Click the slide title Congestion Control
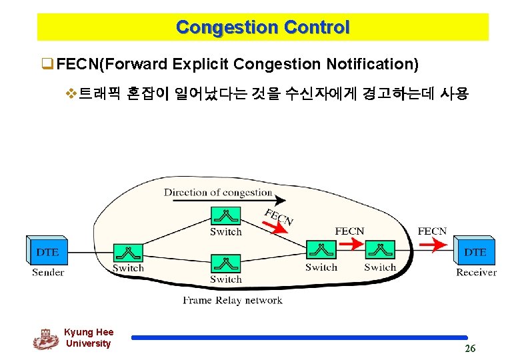point(263,27)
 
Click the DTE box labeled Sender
point(47,252)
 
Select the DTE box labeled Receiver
point(475,252)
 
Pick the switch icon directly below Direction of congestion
point(225,216)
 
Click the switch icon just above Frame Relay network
point(225,263)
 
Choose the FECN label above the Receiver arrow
point(432,231)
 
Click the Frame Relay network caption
point(233,300)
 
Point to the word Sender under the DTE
point(48,272)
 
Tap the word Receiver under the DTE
point(476,272)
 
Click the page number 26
point(470,349)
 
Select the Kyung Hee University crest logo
point(45,339)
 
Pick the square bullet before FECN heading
point(47,65)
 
